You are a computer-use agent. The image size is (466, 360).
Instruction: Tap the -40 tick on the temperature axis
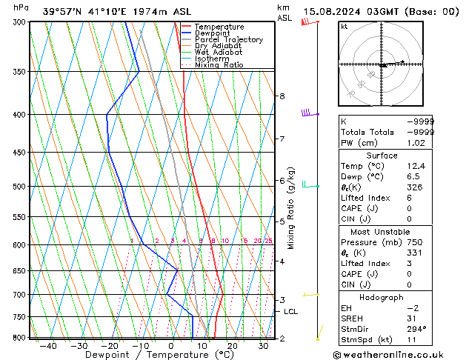tap(48, 346)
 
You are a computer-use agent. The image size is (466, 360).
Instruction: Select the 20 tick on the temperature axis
tap(233, 346)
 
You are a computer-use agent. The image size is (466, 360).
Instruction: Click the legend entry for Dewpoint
tap(213, 33)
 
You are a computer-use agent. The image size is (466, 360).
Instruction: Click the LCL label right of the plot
tap(290, 312)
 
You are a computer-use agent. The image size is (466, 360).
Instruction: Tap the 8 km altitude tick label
tap(282, 96)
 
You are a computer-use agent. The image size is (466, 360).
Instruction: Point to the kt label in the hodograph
tap(344, 26)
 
